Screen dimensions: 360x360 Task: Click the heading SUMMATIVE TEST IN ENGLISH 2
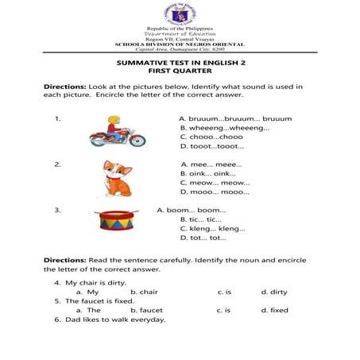coord(180,61)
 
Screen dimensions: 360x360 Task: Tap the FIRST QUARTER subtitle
coord(180,71)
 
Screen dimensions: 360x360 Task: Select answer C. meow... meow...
coord(209,182)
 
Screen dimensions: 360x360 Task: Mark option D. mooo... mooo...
coord(209,192)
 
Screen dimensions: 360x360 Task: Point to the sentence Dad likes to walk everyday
coord(115,319)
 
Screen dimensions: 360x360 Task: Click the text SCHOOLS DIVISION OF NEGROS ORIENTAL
coord(180,44)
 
